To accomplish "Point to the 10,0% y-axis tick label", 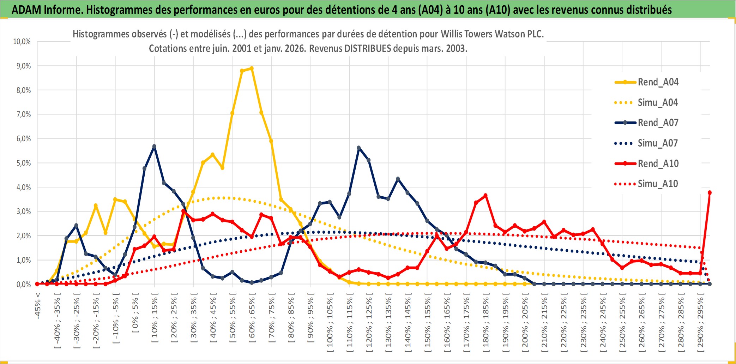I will (22, 42).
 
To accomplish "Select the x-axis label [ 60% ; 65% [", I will (252, 320).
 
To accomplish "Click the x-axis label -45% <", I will (38, 306).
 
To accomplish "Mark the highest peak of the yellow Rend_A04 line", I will (252, 68).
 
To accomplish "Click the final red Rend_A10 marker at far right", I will (710, 193).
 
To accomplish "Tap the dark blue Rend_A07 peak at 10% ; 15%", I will (154, 146).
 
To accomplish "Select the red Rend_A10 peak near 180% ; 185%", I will (485, 196).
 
